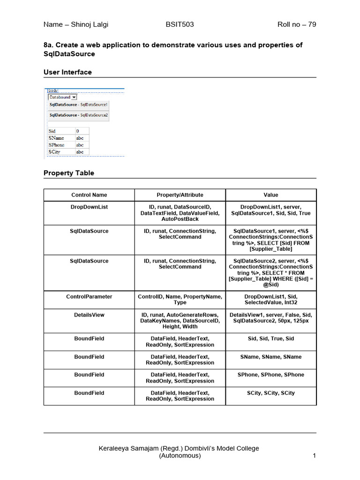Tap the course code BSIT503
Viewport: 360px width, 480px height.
point(180,24)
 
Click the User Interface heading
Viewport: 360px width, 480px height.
point(67,72)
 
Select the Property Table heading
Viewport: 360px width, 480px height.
point(69,173)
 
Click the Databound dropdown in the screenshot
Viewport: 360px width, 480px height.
point(63,97)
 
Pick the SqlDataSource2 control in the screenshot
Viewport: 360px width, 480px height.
point(79,115)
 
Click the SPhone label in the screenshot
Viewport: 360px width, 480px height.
point(56,145)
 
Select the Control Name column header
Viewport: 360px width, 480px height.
point(89,195)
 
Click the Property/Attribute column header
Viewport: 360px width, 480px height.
point(180,195)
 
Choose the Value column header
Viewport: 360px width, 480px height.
point(271,195)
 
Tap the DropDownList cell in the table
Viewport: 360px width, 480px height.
point(89,207)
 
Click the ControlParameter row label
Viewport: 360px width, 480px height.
point(89,297)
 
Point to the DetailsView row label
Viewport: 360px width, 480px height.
point(89,315)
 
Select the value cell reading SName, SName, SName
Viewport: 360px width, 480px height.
point(271,357)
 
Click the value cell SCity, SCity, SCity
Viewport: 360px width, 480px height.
point(271,393)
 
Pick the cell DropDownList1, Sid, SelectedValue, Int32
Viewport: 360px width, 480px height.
point(271,300)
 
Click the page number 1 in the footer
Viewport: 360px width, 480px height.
point(314,456)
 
